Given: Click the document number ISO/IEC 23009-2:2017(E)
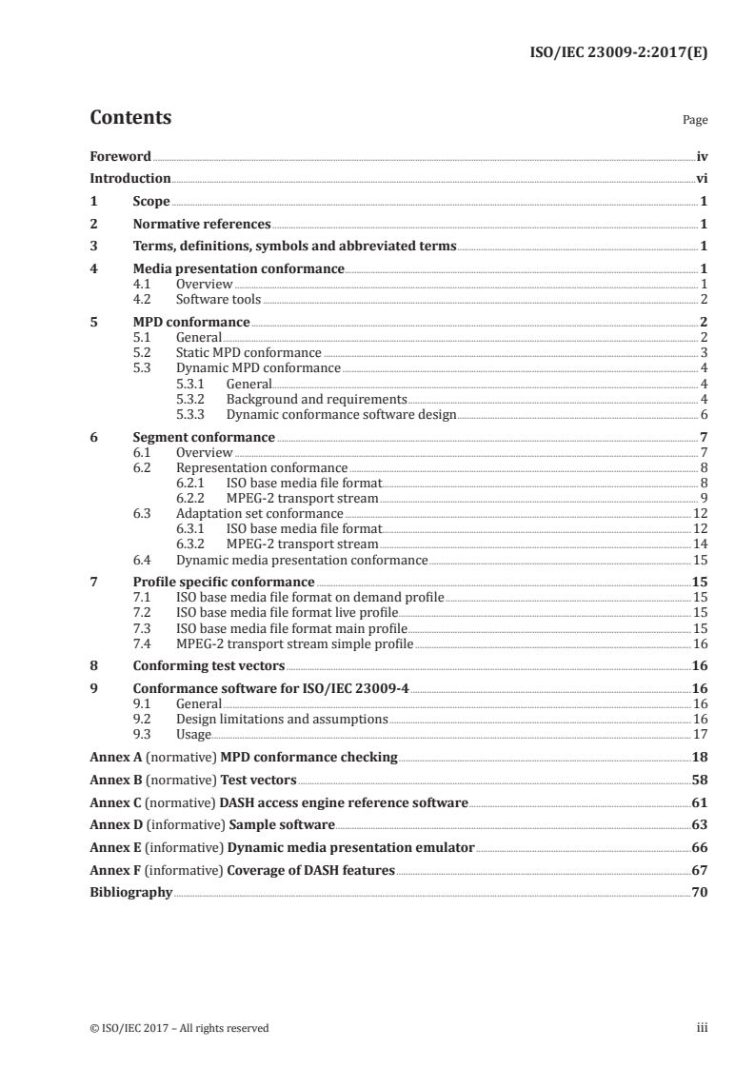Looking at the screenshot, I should pyautogui.click(x=617, y=54).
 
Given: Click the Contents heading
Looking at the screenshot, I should pyautogui.click(x=130, y=118).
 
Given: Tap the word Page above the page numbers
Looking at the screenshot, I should pyautogui.click(x=695, y=121).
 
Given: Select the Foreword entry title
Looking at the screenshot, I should pyautogui.click(x=120, y=155).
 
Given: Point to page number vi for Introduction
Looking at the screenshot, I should pyautogui.click(x=701, y=178).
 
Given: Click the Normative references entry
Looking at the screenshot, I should pyautogui.click(x=202, y=225).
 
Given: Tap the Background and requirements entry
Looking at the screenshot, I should pyautogui.click(x=317, y=399).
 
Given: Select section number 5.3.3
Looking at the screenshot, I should pyautogui.click(x=195, y=414).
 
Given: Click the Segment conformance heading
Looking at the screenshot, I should pyautogui.click(x=204, y=438).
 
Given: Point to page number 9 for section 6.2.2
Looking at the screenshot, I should pyautogui.click(x=704, y=499).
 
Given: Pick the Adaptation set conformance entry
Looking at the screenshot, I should pyautogui.click(x=260, y=514).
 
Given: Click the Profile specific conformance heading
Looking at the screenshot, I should pyautogui.click(x=224, y=582).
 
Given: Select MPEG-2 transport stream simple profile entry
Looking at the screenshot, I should pyautogui.click(x=295, y=643).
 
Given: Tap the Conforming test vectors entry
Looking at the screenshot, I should pyautogui.click(x=208, y=666).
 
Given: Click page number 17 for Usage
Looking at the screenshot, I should pyautogui.click(x=701, y=735).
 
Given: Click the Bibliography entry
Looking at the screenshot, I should pyautogui.click(x=130, y=893).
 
